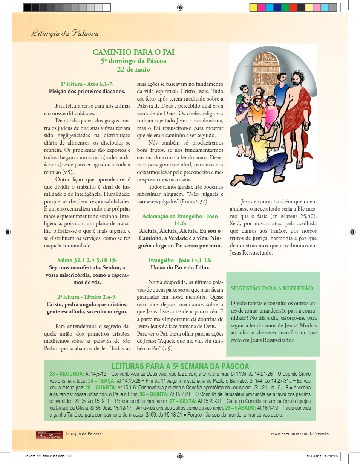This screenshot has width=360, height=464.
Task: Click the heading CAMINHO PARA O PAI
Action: pyautogui.click(x=133, y=52)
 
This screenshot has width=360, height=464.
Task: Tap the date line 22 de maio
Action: pyautogui.click(x=133, y=69)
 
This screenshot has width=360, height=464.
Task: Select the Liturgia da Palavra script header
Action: pyautogui.click(x=65, y=34)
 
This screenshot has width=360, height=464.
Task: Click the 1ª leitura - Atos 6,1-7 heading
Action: pyautogui.click(x=87, y=84)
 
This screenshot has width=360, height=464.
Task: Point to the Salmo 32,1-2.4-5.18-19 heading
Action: pyautogui.click(x=87, y=260)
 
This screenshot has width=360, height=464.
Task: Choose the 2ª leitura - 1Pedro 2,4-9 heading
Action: pyautogui.click(x=87, y=297)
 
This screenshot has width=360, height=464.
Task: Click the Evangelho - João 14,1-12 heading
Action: pyautogui.click(x=180, y=260)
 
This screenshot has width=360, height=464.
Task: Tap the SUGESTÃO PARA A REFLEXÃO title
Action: pyautogui.click(x=272, y=288)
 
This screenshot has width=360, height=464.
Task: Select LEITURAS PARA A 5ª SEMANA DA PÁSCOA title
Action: pyautogui.click(x=180, y=366)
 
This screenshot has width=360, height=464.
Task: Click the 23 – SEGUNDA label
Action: pyautogui.click(x=67, y=374)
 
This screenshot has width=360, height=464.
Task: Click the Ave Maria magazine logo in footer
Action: pyautogui.click(x=49, y=435)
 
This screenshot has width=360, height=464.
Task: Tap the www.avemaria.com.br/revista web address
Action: pyautogui.click(x=300, y=433)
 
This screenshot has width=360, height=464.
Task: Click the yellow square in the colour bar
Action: pyautogui.click(x=253, y=8)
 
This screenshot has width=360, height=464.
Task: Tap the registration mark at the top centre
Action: pyautogui.click(x=180, y=7)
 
